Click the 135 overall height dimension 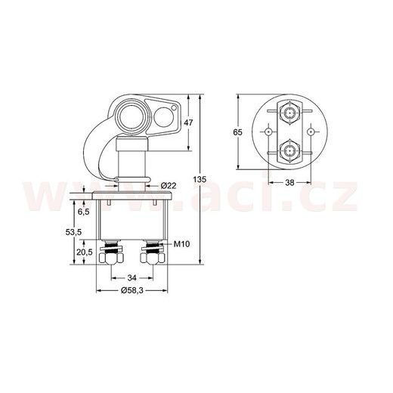(200, 180)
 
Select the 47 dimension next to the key (188, 122)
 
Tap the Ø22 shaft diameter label (169, 186)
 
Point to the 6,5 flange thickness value (83, 212)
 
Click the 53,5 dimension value (73, 232)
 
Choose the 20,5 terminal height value (85, 252)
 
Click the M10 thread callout (182, 244)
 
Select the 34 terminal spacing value (132, 278)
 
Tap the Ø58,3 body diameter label (132, 290)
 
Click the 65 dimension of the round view (237, 132)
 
